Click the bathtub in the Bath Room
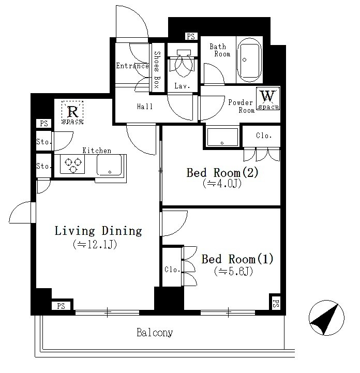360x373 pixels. (x=249, y=59)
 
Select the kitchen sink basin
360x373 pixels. (x=109, y=165)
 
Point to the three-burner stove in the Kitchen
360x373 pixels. (x=72, y=164)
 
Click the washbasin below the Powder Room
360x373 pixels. (x=222, y=137)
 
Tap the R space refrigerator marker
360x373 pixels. (x=72, y=112)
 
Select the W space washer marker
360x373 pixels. (x=268, y=98)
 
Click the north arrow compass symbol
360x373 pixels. (x=326, y=318)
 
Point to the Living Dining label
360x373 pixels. (x=98, y=231)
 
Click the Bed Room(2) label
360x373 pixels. (x=222, y=173)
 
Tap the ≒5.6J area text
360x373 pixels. (x=233, y=271)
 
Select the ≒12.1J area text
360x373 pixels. (x=95, y=244)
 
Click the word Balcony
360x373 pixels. (x=155, y=332)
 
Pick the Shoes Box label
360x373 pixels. (x=157, y=70)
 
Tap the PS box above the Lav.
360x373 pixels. (x=191, y=36)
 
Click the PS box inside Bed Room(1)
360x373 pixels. (x=275, y=302)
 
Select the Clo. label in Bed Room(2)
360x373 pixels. (x=264, y=136)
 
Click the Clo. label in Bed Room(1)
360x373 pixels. (x=172, y=270)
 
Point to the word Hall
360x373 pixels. (x=145, y=107)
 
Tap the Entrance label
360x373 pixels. (x=132, y=66)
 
